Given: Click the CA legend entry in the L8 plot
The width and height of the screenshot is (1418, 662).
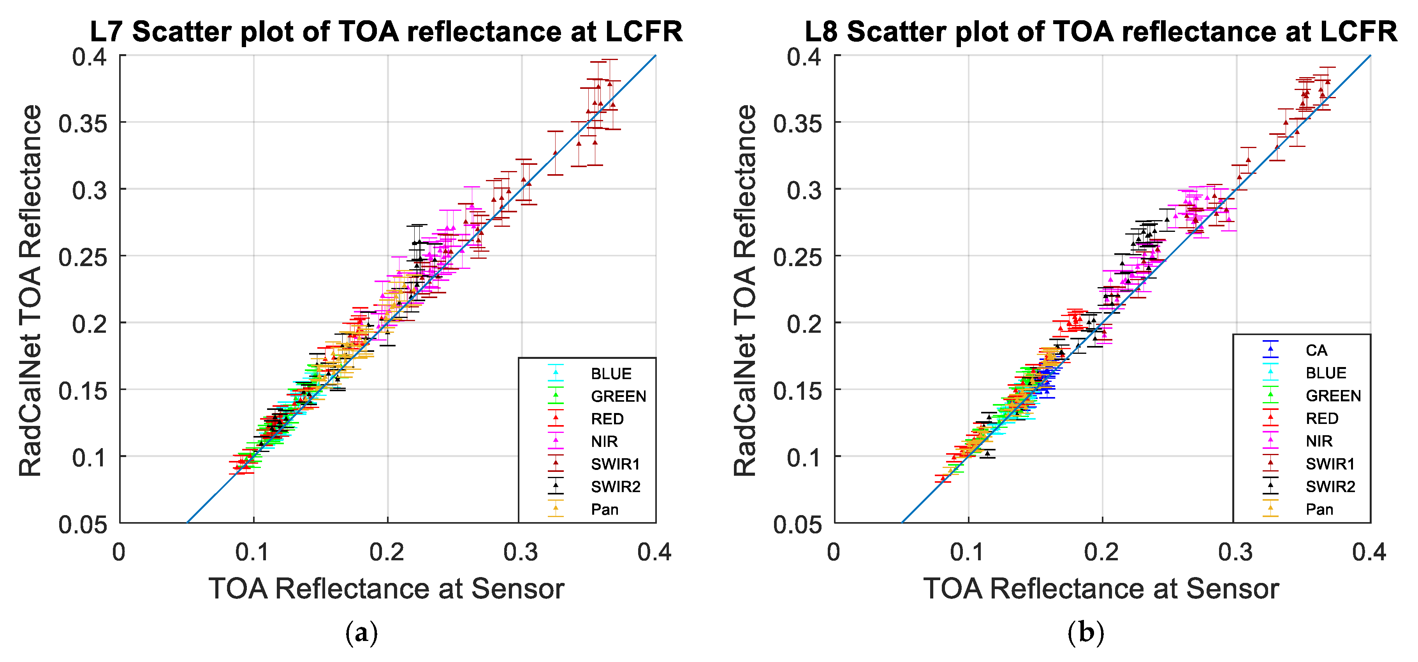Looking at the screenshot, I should point(1316,350).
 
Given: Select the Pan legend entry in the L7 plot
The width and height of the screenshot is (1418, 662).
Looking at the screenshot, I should point(604,509).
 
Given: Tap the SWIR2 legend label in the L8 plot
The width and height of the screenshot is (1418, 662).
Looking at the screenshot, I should point(1330,486).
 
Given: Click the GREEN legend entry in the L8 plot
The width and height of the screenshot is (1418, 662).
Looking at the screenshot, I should point(1333,395).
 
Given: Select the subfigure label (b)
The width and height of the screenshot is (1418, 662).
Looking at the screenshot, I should point(1085,633).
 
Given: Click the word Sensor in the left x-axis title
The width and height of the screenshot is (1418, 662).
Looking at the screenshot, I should point(517,589).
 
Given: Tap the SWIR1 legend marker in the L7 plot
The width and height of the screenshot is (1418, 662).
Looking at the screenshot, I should point(556,463).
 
